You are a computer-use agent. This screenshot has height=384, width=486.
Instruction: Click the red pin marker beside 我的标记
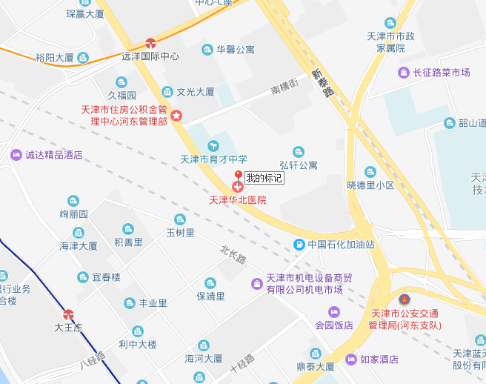238,176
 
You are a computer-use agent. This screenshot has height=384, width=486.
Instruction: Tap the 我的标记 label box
264,178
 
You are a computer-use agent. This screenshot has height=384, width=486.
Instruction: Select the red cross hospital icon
238,188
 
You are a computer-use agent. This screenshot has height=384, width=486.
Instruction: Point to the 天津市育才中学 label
214,159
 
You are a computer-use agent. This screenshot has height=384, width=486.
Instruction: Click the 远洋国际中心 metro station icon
151,44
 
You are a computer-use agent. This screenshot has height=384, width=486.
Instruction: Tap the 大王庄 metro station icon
69,314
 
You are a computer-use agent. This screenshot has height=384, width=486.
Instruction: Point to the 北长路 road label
232,254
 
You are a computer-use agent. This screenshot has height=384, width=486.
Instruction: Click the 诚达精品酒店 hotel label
54,156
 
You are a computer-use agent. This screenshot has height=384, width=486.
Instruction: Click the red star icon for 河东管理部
176,116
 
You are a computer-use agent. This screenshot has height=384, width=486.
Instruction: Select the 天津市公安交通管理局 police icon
404,299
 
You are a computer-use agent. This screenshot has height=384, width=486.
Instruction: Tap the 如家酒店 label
379,360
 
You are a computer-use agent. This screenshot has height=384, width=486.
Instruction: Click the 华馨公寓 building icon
208,50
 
